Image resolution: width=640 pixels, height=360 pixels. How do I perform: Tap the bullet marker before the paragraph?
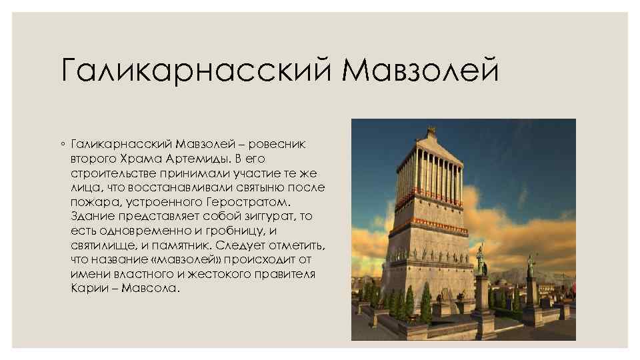[62, 145]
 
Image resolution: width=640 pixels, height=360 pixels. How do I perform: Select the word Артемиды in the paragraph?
[198, 159]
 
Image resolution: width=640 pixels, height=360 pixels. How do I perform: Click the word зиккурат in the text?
[263, 217]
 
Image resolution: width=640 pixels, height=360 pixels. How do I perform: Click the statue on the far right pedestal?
[531, 266]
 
